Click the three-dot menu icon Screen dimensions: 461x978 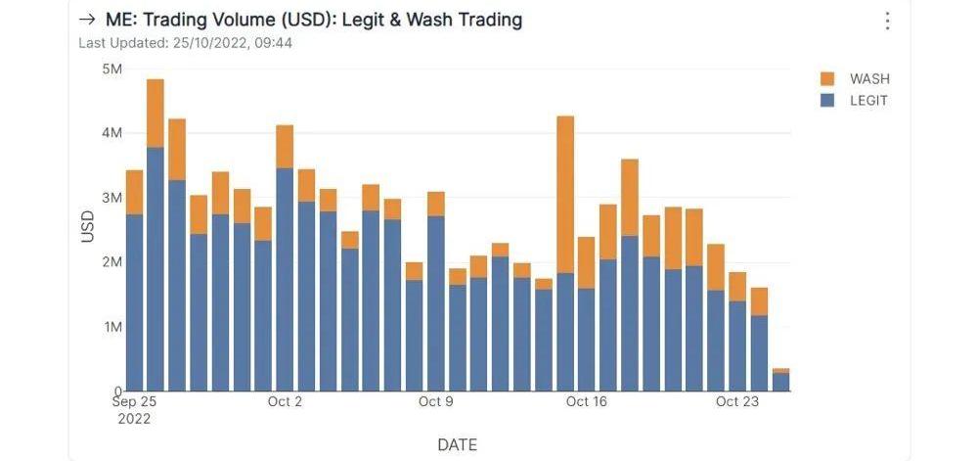[x=887, y=21]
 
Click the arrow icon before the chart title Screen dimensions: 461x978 [x=87, y=20]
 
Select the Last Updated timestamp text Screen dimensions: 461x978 [x=185, y=43]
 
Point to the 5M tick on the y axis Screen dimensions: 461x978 [x=111, y=69]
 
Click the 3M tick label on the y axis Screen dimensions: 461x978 [x=111, y=198]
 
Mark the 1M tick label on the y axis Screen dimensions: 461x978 [x=111, y=327]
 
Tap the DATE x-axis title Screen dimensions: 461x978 [x=457, y=444]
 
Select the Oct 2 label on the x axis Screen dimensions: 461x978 [x=285, y=401]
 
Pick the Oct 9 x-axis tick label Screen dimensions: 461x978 [x=436, y=401]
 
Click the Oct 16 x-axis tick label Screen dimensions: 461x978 [x=587, y=401]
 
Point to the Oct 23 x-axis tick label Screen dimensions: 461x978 [x=737, y=401]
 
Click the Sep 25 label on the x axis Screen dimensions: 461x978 [x=135, y=401]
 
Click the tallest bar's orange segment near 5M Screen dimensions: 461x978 [x=155, y=113]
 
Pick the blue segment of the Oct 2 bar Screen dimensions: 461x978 [x=285, y=279]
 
